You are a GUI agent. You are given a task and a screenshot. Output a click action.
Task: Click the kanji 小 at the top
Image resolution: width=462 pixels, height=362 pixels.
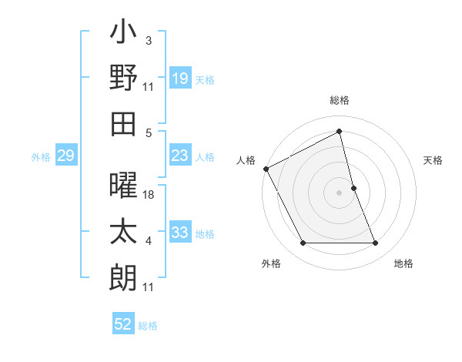coord(123,35)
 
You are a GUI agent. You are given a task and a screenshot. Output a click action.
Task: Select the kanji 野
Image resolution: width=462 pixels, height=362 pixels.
coord(123,78)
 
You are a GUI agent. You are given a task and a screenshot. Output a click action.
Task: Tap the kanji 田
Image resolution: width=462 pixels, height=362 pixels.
coord(123,122)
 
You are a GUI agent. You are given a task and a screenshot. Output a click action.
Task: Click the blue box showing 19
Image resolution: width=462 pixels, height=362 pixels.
coord(179,79)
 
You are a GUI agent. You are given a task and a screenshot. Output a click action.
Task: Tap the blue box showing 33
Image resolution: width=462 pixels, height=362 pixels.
coord(179,233)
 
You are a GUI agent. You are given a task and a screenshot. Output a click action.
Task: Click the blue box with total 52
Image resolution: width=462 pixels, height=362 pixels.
coord(123,324)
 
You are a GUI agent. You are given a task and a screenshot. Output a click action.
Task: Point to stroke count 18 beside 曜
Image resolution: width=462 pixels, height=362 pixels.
coord(150,195)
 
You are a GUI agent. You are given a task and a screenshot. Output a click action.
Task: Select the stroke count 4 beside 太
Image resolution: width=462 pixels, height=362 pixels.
coord(149,242)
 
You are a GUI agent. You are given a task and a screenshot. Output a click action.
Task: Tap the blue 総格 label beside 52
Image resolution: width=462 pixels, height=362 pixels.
coord(148,326)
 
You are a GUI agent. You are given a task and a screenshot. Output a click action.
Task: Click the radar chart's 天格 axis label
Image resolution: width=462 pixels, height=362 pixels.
coord(434,160)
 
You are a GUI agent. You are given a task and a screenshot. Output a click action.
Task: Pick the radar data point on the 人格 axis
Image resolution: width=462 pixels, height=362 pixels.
coord(266,169)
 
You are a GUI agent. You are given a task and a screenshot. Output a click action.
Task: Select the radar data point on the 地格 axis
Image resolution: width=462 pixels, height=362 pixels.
coord(376,243)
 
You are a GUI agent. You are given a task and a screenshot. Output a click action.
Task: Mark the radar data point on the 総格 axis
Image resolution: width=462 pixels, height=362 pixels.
coord(340,132)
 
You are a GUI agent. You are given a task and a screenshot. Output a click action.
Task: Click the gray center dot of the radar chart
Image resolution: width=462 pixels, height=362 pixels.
coord(340,192)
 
